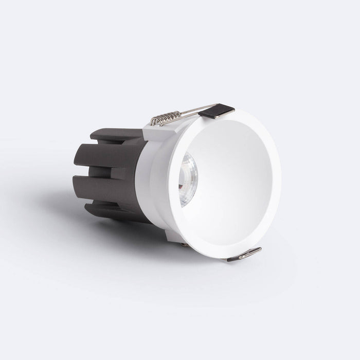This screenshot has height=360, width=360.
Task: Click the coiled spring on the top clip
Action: (x=165, y=118)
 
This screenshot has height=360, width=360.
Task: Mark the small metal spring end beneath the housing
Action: (x=184, y=244)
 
